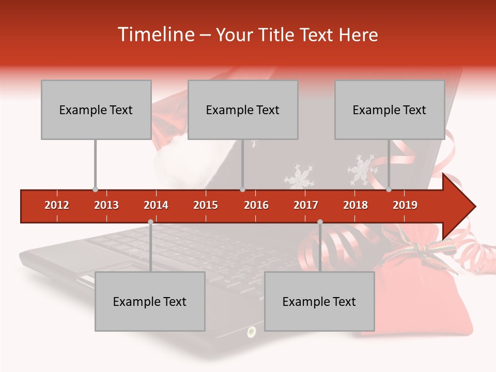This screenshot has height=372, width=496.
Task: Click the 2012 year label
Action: [x=57, y=205]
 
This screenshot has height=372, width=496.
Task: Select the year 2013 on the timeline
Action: [x=106, y=205]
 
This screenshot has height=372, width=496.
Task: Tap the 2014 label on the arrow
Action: [x=156, y=205]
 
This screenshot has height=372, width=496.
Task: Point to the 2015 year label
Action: [x=206, y=205]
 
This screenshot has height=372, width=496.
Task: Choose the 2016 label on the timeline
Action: [x=256, y=205]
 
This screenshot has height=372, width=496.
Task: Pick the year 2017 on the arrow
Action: [x=306, y=205]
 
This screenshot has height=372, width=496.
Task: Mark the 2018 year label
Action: [x=355, y=205]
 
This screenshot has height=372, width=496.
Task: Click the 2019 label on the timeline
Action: [x=405, y=205]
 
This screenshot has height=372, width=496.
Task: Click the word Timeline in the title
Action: [x=154, y=35]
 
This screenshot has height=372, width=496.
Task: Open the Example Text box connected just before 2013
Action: [x=96, y=110]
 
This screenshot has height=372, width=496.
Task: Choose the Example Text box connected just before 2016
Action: [x=243, y=110]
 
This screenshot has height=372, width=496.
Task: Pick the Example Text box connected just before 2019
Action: [x=390, y=110]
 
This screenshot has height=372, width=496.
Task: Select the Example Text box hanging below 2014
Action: [x=150, y=301]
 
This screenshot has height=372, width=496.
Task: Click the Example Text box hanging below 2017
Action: [x=319, y=301]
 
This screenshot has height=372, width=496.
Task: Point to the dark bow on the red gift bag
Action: [x=416, y=249]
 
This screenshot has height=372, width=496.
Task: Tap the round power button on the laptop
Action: [x=252, y=331]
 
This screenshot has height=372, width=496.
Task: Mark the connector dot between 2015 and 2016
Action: [x=243, y=190]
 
